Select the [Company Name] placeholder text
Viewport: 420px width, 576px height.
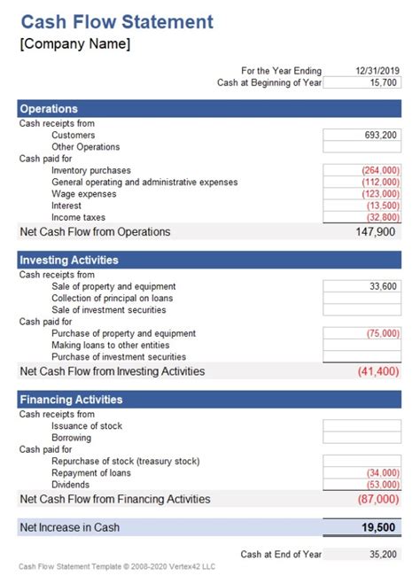74,44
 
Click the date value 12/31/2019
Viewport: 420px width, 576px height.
377,71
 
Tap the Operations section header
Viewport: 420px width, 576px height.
49,109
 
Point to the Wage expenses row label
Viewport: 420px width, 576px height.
84,194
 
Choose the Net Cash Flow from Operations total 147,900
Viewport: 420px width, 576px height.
376,232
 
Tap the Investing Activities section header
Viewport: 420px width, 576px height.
69,261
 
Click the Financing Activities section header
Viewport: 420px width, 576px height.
71,400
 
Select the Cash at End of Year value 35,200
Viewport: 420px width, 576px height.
383,555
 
